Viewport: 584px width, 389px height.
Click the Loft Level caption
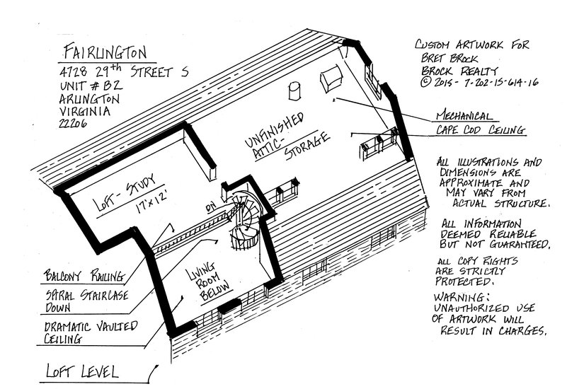coord(81,371)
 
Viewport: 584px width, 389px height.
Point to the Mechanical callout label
coord(464,115)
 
